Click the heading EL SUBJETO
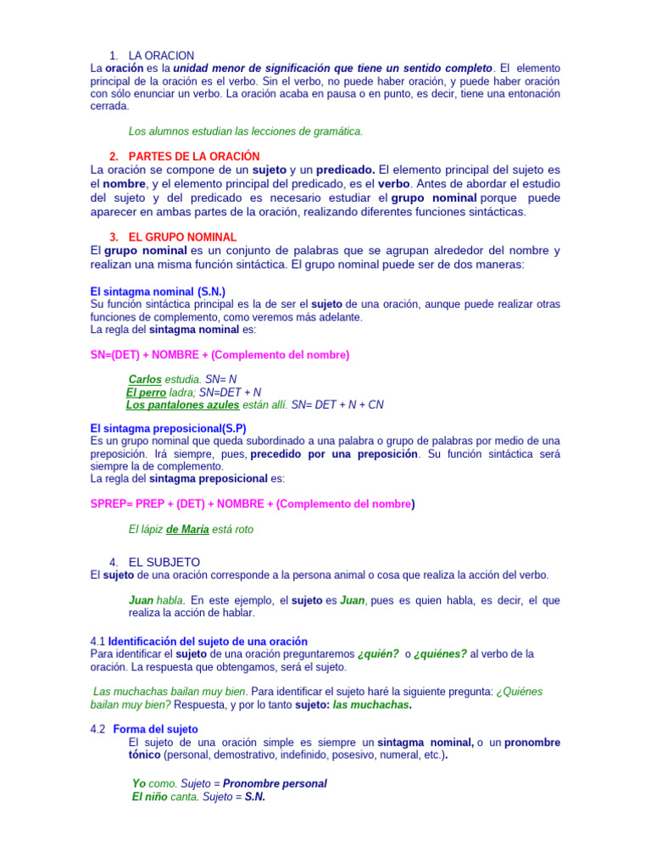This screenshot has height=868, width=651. (x=164, y=562)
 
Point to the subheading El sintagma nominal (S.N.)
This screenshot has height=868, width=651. (x=158, y=292)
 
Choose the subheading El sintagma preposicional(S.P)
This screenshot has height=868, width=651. (x=168, y=429)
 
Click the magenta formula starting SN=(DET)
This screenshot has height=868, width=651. (x=220, y=354)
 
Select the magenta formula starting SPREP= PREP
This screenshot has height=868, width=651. (x=252, y=504)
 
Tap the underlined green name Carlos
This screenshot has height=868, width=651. (x=145, y=380)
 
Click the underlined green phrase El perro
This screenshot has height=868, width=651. (x=146, y=392)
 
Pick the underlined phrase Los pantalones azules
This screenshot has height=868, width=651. (x=182, y=405)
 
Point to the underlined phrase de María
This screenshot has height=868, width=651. (x=187, y=529)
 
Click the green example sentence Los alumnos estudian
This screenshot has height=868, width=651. (x=245, y=131)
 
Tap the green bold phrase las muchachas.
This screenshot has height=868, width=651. (x=372, y=704)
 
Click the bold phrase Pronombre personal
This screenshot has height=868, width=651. (x=275, y=784)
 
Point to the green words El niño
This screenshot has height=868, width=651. (x=149, y=797)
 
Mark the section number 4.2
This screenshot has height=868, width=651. (x=97, y=729)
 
